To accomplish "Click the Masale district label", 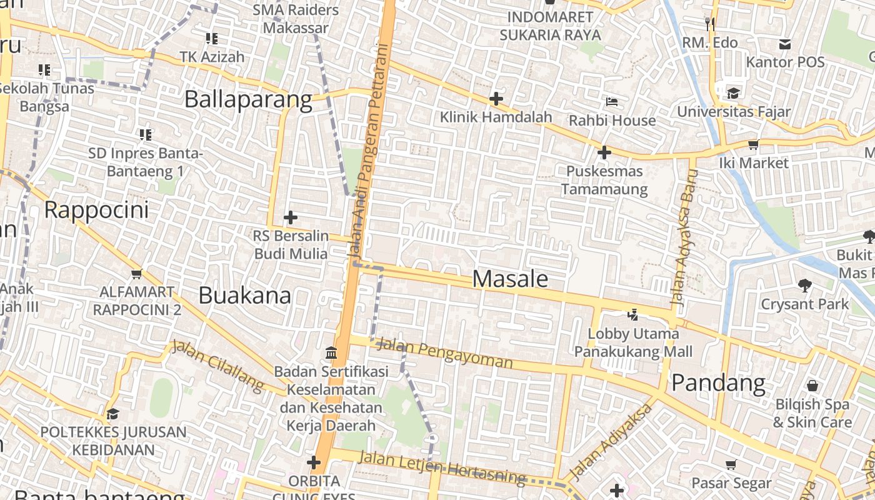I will [x=510, y=279].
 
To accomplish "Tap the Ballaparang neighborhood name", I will [x=248, y=100].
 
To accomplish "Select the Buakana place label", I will [x=244, y=296].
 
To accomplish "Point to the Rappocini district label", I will [x=97, y=210].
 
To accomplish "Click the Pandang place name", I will [x=718, y=382].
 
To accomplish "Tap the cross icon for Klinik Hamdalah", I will [x=496, y=99].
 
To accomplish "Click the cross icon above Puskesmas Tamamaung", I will [x=604, y=152].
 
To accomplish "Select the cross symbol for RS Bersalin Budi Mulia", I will [x=290, y=218].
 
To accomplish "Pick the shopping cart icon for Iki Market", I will [x=753, y=144].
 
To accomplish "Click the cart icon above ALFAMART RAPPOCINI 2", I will [x=136, y=274].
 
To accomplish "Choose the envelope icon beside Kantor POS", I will [x=784, y=44].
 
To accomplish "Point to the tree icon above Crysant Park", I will [x=804, y=286].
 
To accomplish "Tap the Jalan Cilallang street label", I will [x=218, y=366].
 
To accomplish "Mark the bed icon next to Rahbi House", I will [x=612, y=101].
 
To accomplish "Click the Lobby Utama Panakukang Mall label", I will [x=634, y=343].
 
